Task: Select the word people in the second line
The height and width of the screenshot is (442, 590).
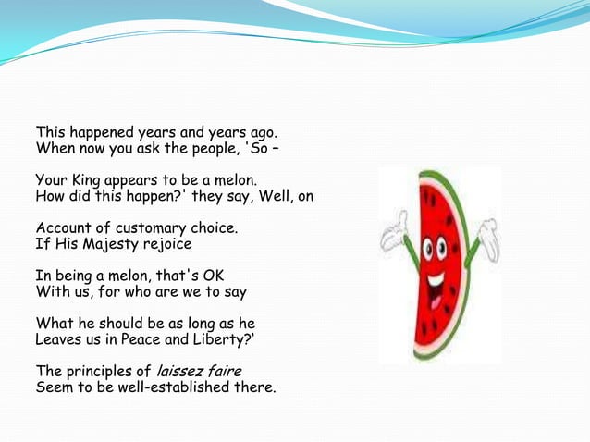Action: click(197, 148)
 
